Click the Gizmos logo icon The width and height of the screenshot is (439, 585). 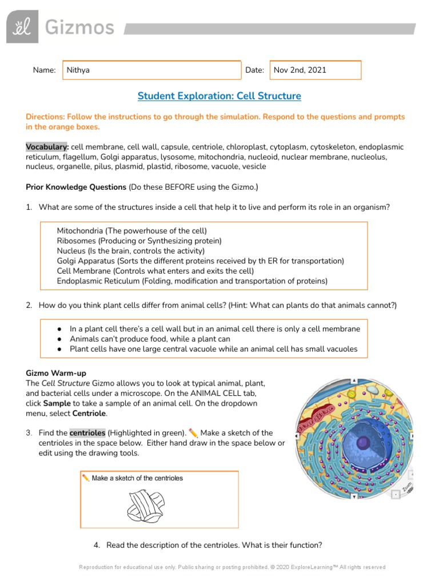[x=22, y=27]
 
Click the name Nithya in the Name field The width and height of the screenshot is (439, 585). [x=78, y=70]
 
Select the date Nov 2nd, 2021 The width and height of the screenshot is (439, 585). [x=300, y=70]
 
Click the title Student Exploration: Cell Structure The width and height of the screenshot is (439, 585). [x=219, y=96]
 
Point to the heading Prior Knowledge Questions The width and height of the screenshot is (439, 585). [x=76, y=187]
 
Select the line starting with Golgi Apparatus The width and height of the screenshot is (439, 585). [x=200, y=261]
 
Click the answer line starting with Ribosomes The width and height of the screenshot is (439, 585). [x=139, y=241]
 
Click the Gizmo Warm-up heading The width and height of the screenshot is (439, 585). [x=56, y=373]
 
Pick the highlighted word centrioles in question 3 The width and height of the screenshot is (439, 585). [x=87, y=433]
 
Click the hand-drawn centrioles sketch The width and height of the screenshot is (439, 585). [x=145, y=506]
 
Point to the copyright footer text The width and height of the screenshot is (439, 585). [x=232, y=567]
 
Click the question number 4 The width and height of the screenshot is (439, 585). [x=97, y=545]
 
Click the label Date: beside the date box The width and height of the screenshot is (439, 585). [x=254, y=70]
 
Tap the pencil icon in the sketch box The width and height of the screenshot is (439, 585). [x=86, y=478]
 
